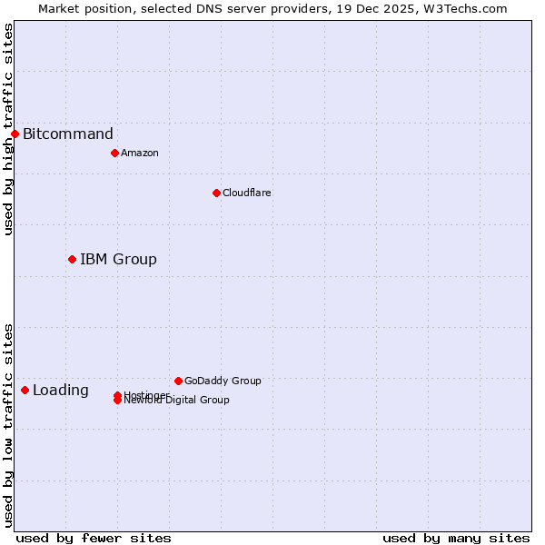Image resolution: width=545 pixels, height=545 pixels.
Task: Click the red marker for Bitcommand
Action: pyautogui.click(x=15, y=134)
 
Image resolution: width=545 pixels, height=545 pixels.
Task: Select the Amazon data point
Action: pyautogui.click(x=114, y=153)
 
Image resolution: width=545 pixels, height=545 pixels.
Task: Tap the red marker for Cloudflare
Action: pyautogui.click(x=216, y=193)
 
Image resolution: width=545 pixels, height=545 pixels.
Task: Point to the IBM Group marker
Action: pyautogui.click(x=72, y=260)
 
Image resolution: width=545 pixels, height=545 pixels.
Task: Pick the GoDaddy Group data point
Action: pyautogui.click(x=178, y=381)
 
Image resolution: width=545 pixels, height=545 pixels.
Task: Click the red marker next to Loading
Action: pyautogui.click(x=25, y=391)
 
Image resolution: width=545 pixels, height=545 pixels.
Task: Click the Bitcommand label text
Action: pyautogui.click(x=68, y=134)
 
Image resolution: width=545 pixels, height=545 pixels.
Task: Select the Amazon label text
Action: pyautogui.click(x=140, y=153)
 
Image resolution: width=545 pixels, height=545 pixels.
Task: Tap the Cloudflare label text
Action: pyautogui.click(x=247, y=193)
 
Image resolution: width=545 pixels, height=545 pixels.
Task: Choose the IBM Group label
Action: pyautogui.click(x=118, y=260)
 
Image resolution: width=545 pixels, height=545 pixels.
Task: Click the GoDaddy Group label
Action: pyautogui.click(x=223, y=381)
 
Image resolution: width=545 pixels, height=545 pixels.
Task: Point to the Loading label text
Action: pyautogui.click(x=61, y=391)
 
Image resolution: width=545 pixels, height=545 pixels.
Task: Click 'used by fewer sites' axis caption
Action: pyautogui.click(x=94, y=538)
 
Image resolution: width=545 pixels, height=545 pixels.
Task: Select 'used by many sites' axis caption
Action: pyautogui.click(x=456, y=538)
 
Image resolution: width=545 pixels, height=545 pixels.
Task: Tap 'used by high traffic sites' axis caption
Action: pyautogui.click(x=8, y=129)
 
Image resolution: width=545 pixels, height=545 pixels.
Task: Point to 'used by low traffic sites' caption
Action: pyautogui.click(x=8, y=425)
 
